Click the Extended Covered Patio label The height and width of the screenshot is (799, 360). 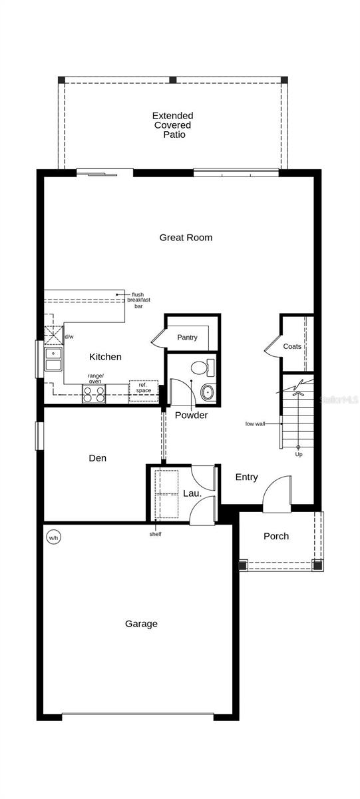pyautogui.click(x=172, y=125)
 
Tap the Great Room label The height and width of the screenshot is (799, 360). pyautogui.click(x=186, y=238)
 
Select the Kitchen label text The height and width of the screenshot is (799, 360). pyautogui.click(x=105, y=357)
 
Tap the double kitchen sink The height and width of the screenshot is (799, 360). pyautogui.click(x=53, y=360)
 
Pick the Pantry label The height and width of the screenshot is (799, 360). pyautogui.click(x=187, y=338)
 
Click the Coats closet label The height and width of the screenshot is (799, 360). pyautogui.click(x=292, y=347)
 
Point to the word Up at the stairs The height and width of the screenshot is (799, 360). pyautogui.click(x=299, y=454)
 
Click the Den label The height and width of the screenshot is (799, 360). pyautogui.click(x=98, y=458)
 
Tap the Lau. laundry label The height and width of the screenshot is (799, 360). pyautogui.click(x=192, y=493)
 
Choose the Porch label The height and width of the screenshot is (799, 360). pyautogui.click(x=276, y=536)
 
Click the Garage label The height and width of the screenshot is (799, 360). pyautogui.click(x=141, y=624)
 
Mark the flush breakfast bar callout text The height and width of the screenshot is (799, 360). pyautogui.click(x=138, y=300)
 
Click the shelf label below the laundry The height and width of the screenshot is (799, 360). pyautogui.click(x=155, y=533)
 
